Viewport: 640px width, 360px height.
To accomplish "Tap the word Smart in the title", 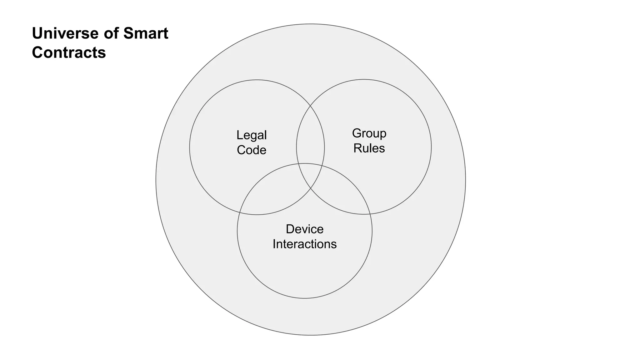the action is (146, 33).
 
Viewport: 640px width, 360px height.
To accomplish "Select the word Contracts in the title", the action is (69, 52).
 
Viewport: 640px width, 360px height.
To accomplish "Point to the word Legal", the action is (252, 135).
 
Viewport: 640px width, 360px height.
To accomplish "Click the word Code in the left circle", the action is (252, 150).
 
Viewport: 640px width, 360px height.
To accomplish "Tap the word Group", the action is (369, 133).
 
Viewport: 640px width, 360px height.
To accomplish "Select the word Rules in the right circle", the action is (369, 148).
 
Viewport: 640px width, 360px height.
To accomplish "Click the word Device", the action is (305, 229).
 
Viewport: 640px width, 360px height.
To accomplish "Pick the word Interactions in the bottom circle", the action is (305, 244).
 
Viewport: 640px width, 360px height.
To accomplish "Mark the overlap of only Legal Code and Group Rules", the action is (310, 137).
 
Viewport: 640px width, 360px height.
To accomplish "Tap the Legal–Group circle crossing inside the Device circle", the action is (311, 188).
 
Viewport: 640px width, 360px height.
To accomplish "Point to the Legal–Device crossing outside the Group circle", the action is (239, 212).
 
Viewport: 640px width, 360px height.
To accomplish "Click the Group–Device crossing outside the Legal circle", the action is (370, 214).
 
